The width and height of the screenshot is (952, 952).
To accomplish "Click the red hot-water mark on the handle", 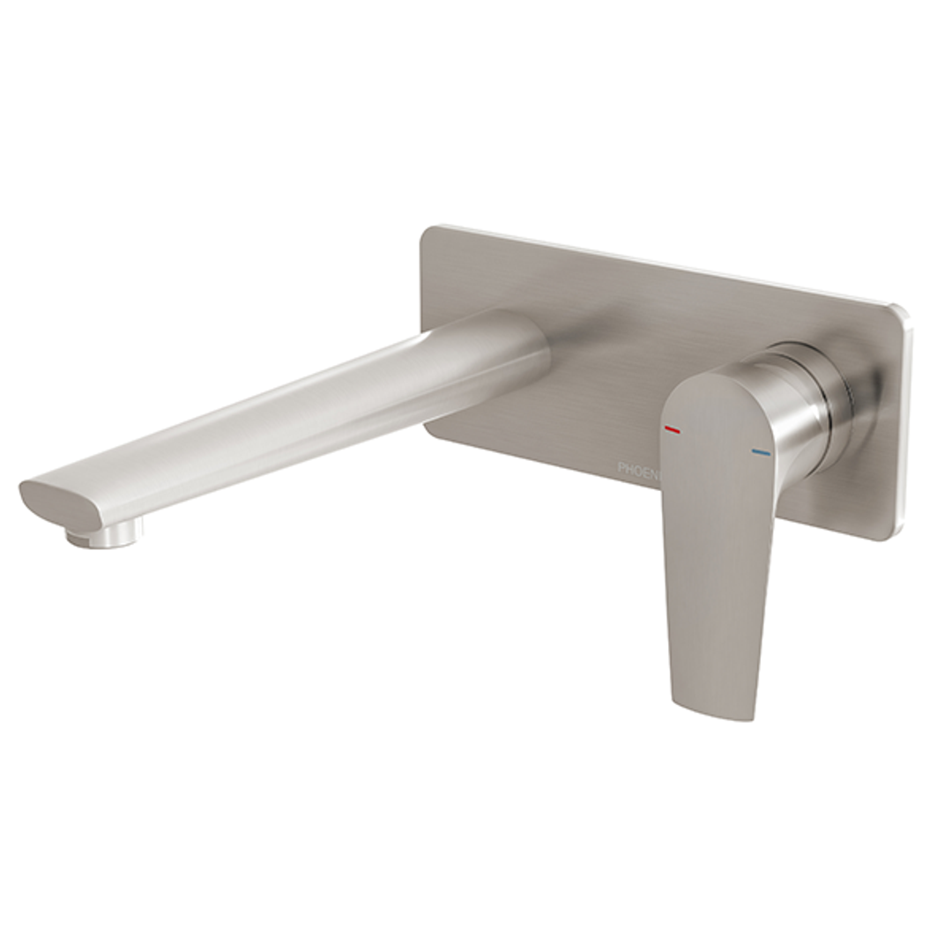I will tap(672, 430).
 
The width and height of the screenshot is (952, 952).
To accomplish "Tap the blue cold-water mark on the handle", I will tap(761, 453).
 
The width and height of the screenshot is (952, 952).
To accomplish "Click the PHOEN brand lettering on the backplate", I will tap(637, 468).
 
